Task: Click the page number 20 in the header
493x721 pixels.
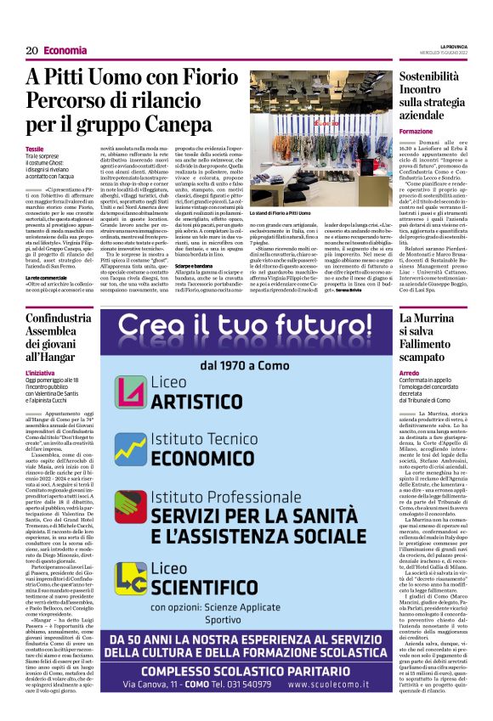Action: pos(31,51)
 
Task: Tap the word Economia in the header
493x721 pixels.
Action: pos(66,51)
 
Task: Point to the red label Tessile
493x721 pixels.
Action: pos(35,149)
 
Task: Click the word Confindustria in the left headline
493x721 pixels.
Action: pos(64,318)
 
